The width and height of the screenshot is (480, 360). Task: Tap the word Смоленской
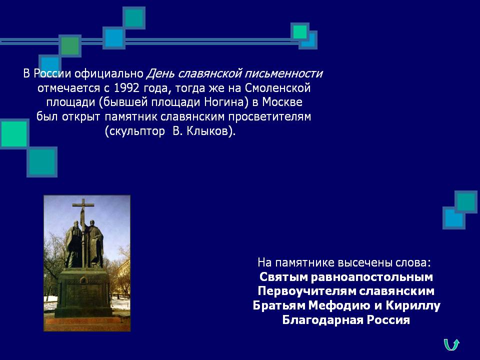[x=277, y=88]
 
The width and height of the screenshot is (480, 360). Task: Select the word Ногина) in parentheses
[x=226, y=102]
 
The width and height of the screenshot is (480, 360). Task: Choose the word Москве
[x=282, y=102]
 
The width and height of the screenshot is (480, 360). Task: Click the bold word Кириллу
[x=413, y=305]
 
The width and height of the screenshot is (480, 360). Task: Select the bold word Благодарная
[x=322, y=320]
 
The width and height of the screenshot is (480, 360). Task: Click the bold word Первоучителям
[x=306, y=291]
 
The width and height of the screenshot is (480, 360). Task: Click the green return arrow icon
[x=451, y=344]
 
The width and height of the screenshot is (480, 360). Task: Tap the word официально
[x=109, y=74]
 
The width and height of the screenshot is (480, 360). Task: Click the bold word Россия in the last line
[x=388, y=320]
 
